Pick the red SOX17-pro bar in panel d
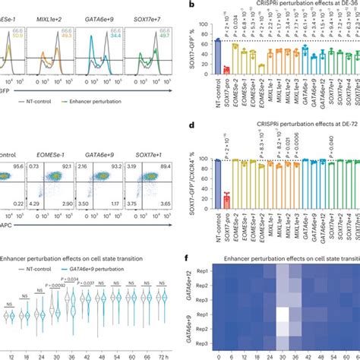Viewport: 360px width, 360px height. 226,200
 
